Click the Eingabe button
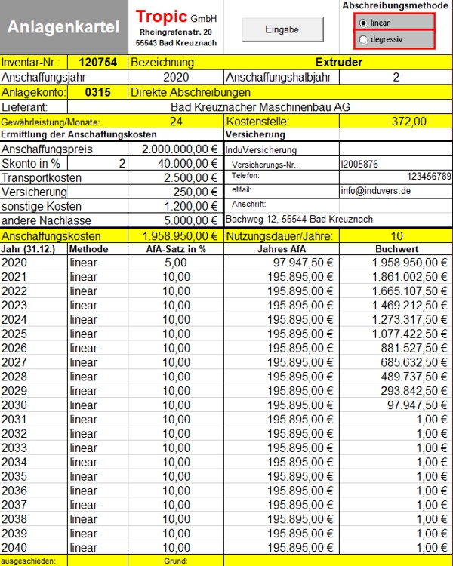click(282, 29)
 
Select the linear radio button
click(365, 23)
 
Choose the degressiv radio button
click(365, 39)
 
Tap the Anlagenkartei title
click(63, 27)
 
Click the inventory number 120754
click(97, 62)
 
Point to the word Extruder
click(338, 62)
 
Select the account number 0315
click(97, 92)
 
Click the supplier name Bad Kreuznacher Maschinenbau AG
click(260, 107)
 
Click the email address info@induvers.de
click(375, 191)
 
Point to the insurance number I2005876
click(359, 163)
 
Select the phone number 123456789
click(428, 176)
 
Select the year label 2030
click(14, 405)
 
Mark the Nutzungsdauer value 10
click(396, 235)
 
